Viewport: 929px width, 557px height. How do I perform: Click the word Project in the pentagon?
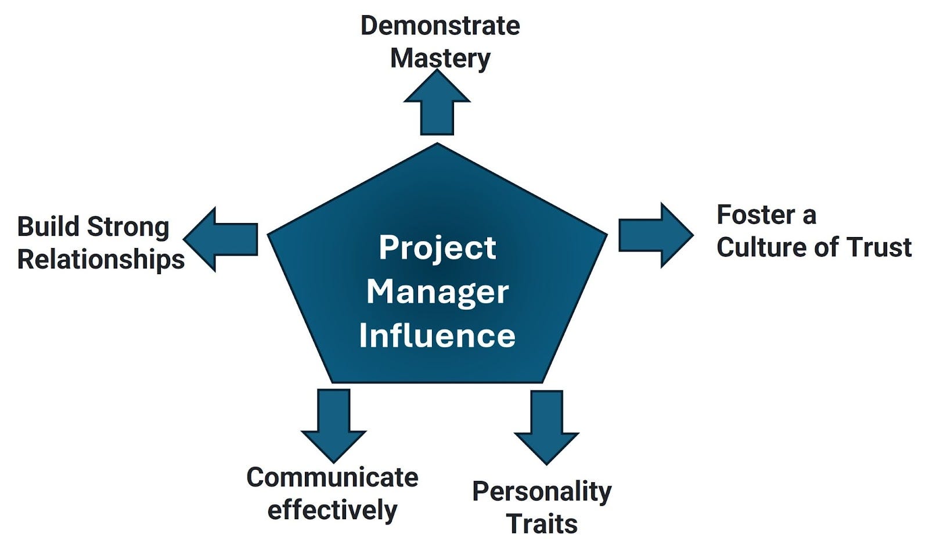[x=437, y=248]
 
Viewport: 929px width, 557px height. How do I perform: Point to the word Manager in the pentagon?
[x=437, y=292]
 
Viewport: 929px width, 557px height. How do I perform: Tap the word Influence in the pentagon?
[x=437, y=335]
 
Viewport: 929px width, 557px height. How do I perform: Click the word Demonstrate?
[x=440, y=26]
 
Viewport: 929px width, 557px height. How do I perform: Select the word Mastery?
[x=440, y=58]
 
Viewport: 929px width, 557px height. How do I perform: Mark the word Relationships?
[x=101, y=259]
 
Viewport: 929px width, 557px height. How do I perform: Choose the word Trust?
[x=879, y=247]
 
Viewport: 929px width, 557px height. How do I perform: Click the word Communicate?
[x=332, y=477]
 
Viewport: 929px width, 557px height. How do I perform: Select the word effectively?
[x=332, y=510]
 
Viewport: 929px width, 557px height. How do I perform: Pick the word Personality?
[x=542, y=491]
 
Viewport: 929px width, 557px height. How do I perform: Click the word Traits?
[x=542, y=524]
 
